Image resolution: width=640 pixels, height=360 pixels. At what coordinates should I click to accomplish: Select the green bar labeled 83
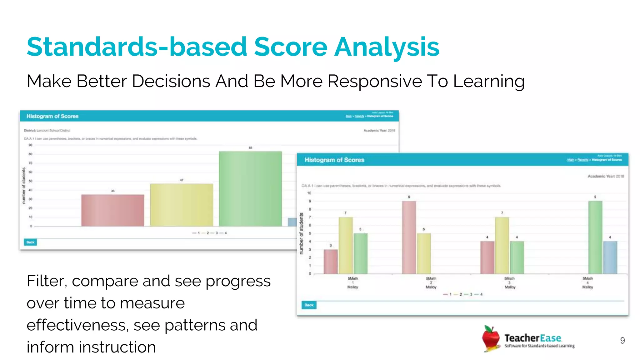point(250,189)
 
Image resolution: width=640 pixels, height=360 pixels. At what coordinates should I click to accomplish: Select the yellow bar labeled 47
point(182,205)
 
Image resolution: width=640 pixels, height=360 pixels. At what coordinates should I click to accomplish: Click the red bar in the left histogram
point(113,210)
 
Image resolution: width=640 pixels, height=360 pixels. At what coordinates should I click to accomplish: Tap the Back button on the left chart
point(30,242)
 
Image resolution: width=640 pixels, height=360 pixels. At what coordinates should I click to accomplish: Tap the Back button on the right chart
point(309,305)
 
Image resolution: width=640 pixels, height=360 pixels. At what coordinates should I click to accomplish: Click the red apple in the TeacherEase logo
point(491,338)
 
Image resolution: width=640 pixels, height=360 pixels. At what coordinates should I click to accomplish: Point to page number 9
point(622,340)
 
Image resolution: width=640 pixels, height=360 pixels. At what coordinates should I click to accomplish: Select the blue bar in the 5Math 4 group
point(610,257)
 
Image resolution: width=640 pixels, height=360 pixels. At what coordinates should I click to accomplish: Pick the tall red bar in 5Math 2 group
point(409,237)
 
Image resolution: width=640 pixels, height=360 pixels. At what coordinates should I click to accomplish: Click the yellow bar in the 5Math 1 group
point(346,245)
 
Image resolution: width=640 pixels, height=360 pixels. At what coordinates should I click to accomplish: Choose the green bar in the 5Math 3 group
point(517,257)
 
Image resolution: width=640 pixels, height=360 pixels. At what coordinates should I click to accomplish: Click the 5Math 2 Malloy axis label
point(431,282)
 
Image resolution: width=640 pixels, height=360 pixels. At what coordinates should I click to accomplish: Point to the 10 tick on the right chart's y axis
point(309,193)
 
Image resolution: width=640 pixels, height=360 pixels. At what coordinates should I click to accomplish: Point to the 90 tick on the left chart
point(30,145)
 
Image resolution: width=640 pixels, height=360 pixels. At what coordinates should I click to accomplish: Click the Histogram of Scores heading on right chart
point(334,160)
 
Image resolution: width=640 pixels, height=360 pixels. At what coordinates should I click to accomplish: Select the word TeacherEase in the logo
point(532,338)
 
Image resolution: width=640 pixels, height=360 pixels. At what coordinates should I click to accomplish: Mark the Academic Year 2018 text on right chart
point(606,176)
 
